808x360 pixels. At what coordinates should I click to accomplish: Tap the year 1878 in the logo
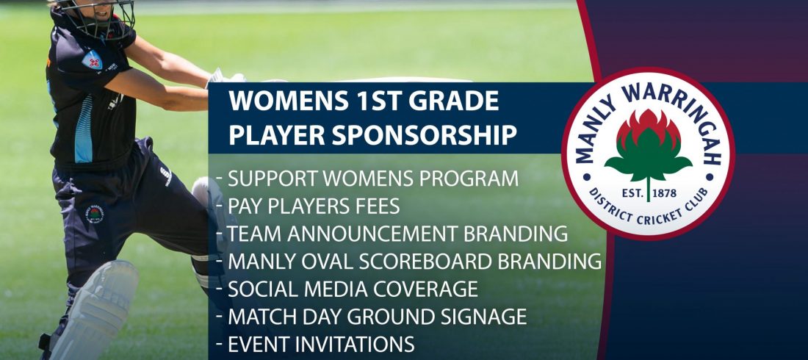click(664, 194)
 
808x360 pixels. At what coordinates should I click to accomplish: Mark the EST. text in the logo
click(632, 194)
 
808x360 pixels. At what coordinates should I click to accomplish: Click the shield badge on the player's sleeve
click(92, 60)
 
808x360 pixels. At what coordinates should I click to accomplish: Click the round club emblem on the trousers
click(95, 214)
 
